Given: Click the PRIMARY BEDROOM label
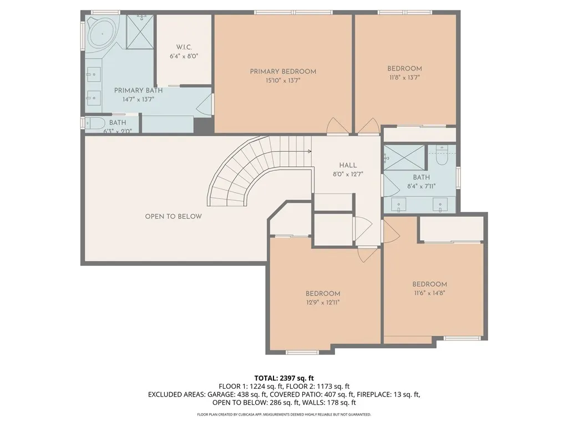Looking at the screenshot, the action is (x=283, y=72).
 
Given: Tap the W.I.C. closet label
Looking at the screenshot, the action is (x=184, y=47).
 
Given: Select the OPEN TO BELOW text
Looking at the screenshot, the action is (x=173, y=216).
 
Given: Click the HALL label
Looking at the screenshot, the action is (x=348, y=165).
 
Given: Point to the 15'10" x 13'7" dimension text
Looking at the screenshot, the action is (x=283, y=80).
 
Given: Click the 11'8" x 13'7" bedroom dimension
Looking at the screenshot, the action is (x=404, y=77).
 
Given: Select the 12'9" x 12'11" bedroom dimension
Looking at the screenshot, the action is (x=323, y=302).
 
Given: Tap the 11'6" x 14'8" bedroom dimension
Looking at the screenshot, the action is (x=430, y=293).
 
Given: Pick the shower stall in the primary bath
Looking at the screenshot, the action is (x=140, y=32).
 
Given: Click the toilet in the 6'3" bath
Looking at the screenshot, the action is (x=93, y=123).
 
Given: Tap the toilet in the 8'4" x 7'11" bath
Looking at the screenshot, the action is (x=442, y=155).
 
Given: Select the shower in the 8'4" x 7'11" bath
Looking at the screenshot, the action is (x=404, y=157).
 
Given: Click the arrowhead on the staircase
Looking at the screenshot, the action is (x=310, y=151).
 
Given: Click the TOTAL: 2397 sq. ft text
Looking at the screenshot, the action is (x=284, y=378).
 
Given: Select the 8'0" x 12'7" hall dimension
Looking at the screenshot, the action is (x=348, y=174).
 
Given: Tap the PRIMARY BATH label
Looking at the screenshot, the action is (x=138, y=90).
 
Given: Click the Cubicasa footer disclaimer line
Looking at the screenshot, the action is (x=284, y=414).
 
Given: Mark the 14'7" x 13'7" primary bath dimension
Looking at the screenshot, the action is (x=138, y=99).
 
